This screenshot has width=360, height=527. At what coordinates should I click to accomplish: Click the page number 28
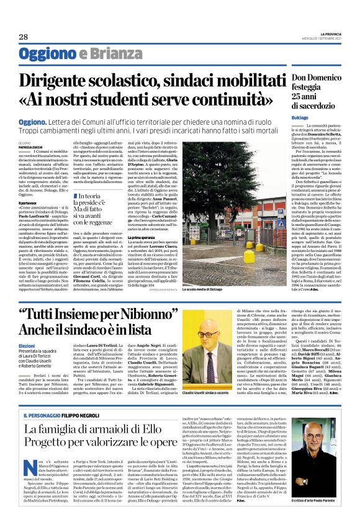coord(24,37)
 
